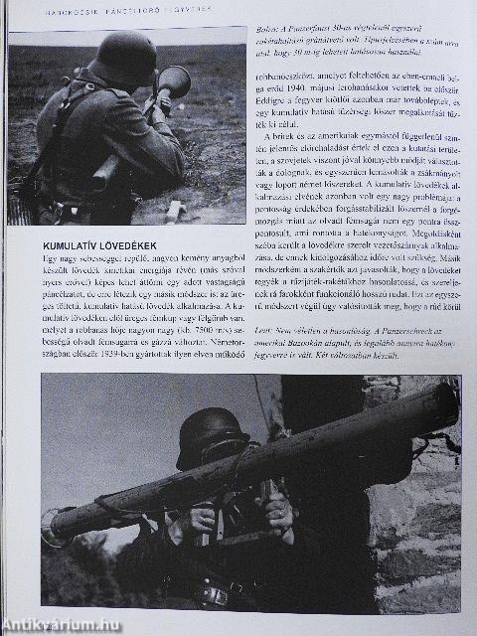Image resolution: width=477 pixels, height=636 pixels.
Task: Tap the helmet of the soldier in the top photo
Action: (x=120, y=57)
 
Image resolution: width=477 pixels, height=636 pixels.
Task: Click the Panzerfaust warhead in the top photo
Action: (x=174, y=80)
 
